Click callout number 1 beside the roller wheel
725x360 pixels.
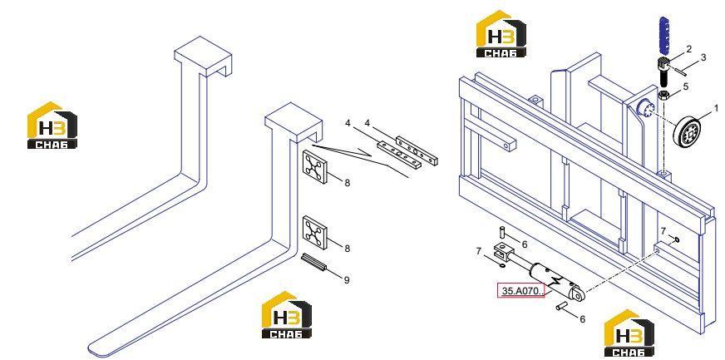[x=716, y=109]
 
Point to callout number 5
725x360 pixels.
[x=686, y=86]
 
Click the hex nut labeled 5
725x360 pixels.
[x=663, y=96]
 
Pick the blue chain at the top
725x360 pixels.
[x=664, y=35]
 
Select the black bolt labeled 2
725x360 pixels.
[x=663, y=72]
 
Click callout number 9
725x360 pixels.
[x=347, y=279]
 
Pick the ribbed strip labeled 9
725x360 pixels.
[x=314, y=262]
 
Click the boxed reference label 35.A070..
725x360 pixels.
[x=521, y=291]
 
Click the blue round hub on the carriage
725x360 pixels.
[x=644, y=110]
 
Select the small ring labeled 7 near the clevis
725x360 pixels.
[x=504, y=265]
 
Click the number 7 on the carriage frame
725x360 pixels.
[x=663, y=230]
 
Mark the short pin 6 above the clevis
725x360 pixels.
[x=501, y=233]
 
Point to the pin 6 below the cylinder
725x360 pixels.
[x=563, y=305]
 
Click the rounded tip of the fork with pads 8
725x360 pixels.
[x=92, y=348]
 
